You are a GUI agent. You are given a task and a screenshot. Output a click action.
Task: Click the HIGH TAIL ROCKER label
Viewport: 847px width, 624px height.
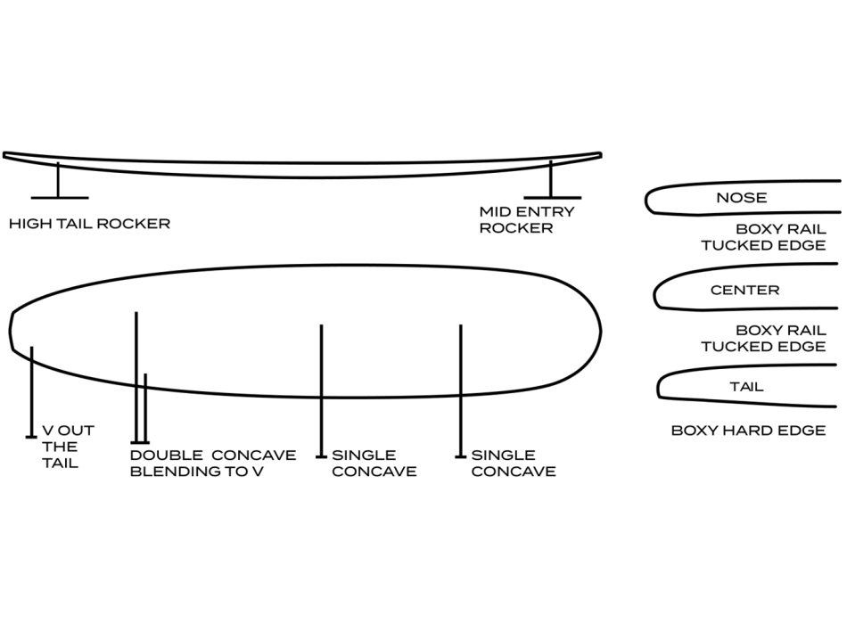[x=89, y=224]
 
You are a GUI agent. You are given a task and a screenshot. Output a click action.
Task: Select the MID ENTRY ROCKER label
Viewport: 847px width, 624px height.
[x=526, y=220]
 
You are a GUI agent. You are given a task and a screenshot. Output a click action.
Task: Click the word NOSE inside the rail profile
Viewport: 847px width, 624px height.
[x=741, y=198]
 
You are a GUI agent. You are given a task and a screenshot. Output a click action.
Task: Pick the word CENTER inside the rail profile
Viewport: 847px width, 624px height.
[x=744, y=291]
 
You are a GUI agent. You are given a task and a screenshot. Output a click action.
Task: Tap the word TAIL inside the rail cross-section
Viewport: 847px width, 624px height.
[x=746, y=388]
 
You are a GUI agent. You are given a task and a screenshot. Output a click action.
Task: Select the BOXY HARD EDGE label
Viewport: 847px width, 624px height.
[x=748, y=431]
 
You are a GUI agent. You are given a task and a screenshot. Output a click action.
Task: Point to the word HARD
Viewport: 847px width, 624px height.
[x=751, y=431]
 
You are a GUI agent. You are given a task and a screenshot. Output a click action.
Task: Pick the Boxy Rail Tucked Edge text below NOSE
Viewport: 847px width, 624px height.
[x=763, y=236]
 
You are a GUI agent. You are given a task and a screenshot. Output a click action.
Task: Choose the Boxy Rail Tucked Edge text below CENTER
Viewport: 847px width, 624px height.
[x=763, y=338]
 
